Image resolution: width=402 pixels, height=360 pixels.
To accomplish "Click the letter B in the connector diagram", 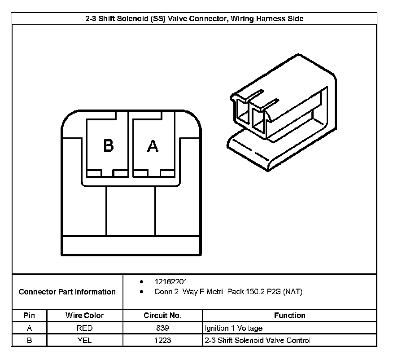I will pos(108,146).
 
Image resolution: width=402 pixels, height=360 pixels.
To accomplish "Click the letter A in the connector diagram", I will pos(153,146).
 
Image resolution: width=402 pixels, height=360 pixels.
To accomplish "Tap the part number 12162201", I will pos(171,282).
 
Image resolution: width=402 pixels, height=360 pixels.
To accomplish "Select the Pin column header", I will pos(29,316).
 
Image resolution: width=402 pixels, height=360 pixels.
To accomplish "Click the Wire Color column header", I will pos(84,316).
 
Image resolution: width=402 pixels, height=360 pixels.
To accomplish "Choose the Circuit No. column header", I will pos(162,316).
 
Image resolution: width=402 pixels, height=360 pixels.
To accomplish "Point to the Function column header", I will pos(289,316).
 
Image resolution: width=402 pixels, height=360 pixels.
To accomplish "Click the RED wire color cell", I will pos(84,328).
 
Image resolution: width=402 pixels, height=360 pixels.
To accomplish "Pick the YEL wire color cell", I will pos(84,340).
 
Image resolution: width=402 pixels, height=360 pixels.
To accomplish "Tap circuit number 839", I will pos(162,328).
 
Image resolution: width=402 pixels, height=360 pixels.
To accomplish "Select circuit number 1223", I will pos(162,340).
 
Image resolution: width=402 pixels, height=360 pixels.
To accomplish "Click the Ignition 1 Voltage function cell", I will pos(233,328).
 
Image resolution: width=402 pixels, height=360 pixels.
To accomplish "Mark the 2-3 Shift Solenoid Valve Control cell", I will pos(257,340).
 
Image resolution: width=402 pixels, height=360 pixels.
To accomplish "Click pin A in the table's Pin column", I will pos(29,328).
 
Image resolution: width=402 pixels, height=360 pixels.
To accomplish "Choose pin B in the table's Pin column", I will pos(29,340).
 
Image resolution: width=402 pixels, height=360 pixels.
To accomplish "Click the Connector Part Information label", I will pos(67,292).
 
